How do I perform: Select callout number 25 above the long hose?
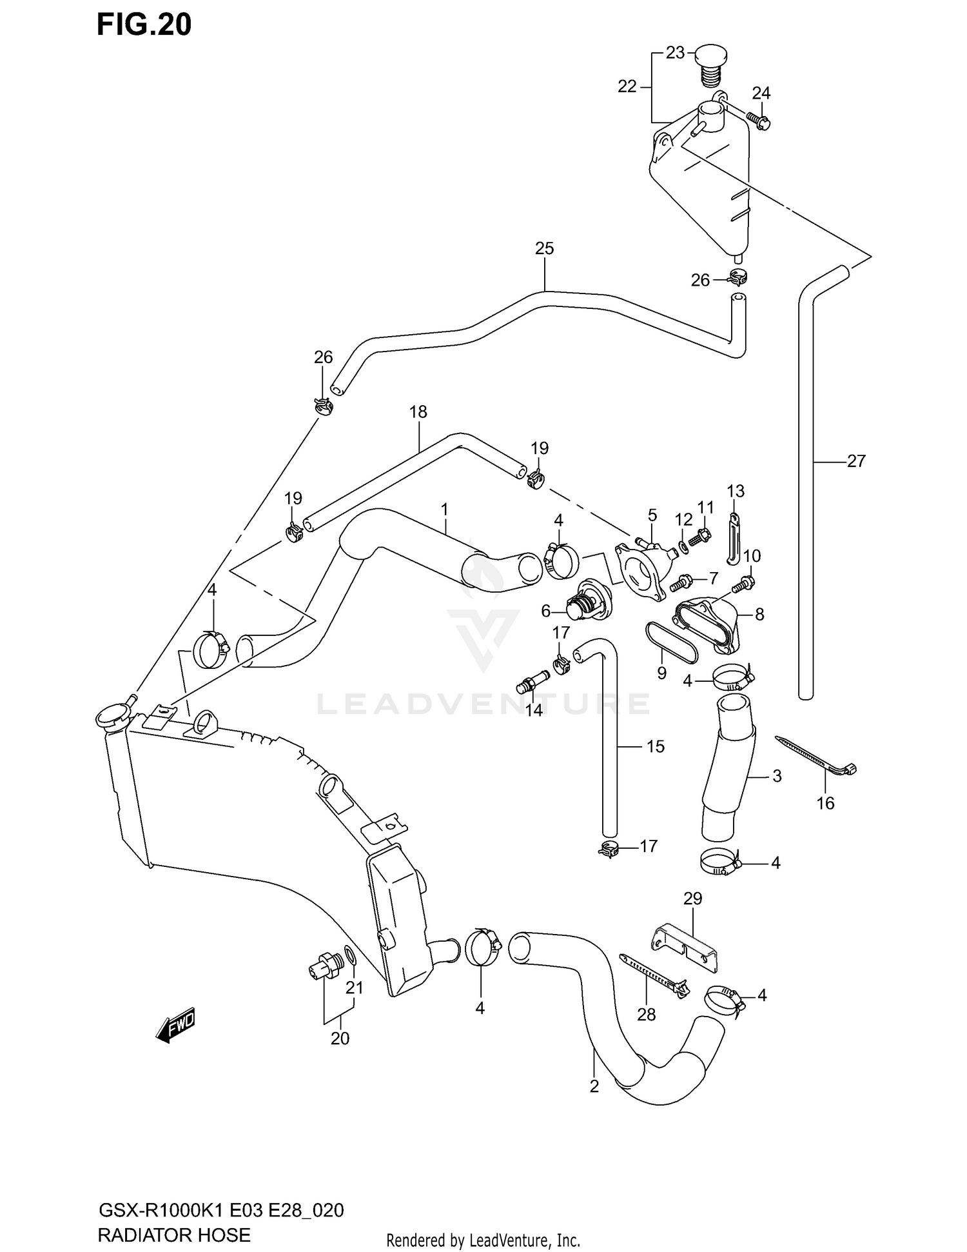coord(544,248)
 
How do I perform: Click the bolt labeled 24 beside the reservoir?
coord(759,120)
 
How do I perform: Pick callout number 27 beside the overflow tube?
coord(855,461)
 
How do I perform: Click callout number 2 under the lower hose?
coord(594,1086)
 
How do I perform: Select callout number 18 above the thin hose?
coord(418,412)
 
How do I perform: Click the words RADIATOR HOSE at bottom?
coord(173,1235)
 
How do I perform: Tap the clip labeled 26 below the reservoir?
coord(737,277)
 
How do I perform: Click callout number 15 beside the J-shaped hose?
coord(655,746)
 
